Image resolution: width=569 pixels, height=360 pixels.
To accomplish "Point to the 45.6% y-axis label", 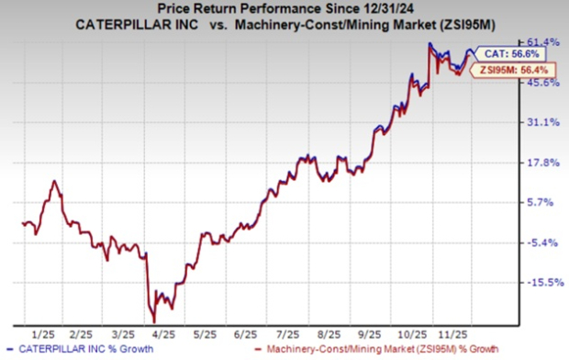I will (x=541, y=83).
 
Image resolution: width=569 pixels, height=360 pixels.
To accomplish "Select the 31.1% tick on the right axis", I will (x=541, y=122).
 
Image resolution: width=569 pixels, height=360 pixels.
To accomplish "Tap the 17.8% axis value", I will (x=541, y=163).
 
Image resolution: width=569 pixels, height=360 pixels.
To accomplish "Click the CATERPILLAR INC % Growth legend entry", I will (x=81, y=351).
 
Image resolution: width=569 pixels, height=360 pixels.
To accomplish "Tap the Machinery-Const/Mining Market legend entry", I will (x=377, y=351).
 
